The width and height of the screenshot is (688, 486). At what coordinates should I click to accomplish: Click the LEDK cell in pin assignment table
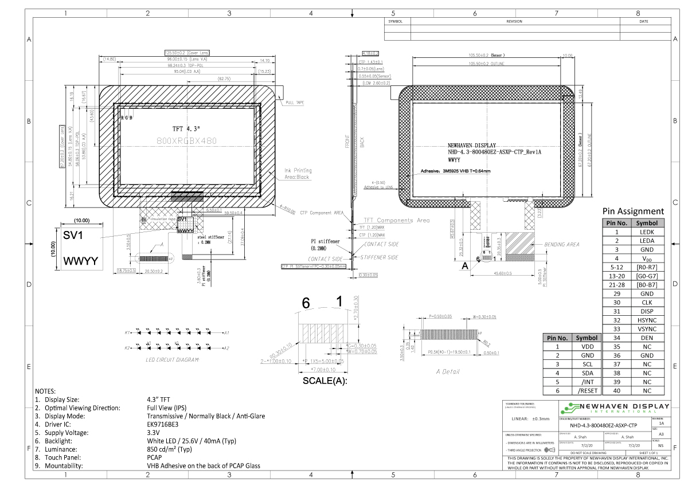click(647, 232)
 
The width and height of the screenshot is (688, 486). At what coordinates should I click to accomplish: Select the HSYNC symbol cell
click(647, 320)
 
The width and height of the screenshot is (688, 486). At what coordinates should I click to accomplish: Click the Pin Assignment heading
click(633, 211)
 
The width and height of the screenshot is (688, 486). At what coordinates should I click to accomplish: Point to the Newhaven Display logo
click(614, 409)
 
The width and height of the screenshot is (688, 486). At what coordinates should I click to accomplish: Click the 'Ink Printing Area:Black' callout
click(298, 174)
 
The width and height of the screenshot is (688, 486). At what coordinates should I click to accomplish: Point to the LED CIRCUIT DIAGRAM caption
click(171, 360)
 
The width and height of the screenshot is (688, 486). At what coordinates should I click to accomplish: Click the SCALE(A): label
click(325, 380)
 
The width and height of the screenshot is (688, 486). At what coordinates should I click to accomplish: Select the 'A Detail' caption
click(448, 371)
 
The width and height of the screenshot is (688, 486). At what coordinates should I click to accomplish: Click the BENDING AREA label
click(561, 244)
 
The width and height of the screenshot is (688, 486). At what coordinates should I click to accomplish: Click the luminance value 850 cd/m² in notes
click(169, 449)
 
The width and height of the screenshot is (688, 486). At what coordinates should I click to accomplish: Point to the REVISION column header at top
click(514, 21)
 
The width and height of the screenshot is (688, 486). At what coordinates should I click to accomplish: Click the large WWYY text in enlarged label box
click(80, 261)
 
